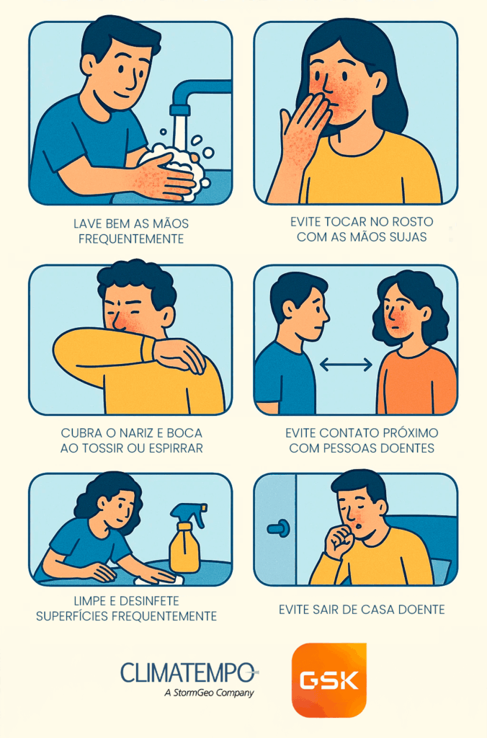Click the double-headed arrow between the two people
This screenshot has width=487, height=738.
(x=346, y=364)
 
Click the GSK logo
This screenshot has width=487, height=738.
(x=329, y=680)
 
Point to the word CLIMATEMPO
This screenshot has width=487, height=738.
(x=187, y=672)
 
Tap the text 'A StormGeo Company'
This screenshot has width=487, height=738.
(x=210, y=693)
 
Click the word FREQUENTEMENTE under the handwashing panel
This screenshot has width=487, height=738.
(x=131, y=239)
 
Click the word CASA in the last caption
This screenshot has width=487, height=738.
(x=377, y=610)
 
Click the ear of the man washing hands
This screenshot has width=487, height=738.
(x=89, y=66)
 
